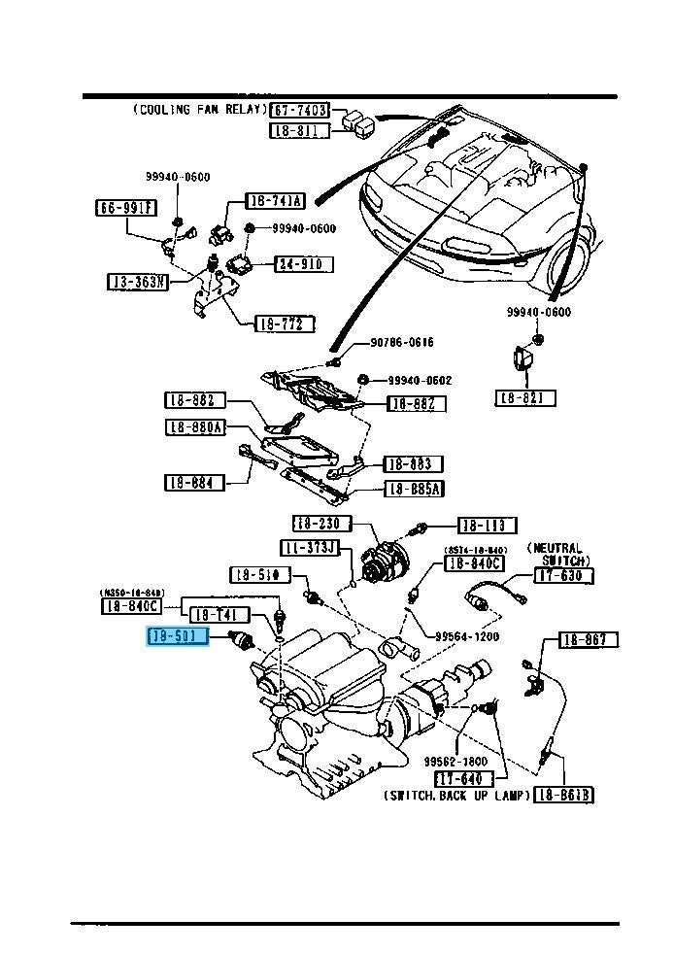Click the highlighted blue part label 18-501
(177, 637)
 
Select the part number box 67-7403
(300, 111)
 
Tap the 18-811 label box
(300, 130)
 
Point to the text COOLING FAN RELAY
(198, 111)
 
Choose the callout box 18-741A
(275, 201)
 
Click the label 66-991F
(125, 207)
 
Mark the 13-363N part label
(138, 282)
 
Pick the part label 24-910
(303, 264)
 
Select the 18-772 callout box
(285, 323)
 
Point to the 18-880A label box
(195, 426)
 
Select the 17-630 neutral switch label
(564, 576)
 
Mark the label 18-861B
(564, 795)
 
